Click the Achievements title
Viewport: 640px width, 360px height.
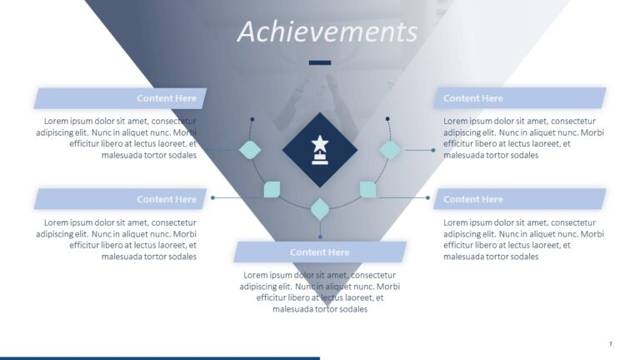pyautogui.click(x=327, y=32)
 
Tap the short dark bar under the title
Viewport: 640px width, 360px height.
pyautogui.click(x=320, y=62)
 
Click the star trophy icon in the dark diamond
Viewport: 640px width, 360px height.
pyautogui.click(x=320, y=150)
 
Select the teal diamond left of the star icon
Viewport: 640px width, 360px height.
pyautogui.click(x=250, y=150)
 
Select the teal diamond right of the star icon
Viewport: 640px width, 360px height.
pyautogui.click(x=390, y=150)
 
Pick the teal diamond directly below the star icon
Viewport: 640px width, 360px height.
pyautogui.click(x=320, y=209)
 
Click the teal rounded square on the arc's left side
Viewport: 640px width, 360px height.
pyautogui.click(x=272, y=190)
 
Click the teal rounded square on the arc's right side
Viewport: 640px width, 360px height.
pyautogui.click(x=367, y=190)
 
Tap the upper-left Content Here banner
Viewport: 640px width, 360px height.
pyautogui.click(x=120, y=98)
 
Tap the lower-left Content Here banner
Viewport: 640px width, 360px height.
pyautogui.click(x=120, y=199)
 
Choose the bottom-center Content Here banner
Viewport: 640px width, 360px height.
pyautogui.click(x=320, y=252)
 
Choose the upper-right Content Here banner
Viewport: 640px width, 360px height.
pyautogui.click(x=519, y=98)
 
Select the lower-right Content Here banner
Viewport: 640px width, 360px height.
pyautogui.click(x=519, y=199)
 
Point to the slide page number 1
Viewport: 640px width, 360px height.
pyautogui.click(x=611, y=343)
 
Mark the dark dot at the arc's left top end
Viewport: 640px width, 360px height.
pyautogui.click(x=252, y=119)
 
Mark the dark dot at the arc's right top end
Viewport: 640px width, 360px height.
pyautogui.click(x=387, y=119)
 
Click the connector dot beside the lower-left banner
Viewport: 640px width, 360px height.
pyautogui.click(x=213, y=197)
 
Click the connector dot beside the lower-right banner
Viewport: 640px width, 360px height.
pyautogui.click(x=427, y=197)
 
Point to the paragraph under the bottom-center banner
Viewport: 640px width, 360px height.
pyautogui.click(x=320, y=292)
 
